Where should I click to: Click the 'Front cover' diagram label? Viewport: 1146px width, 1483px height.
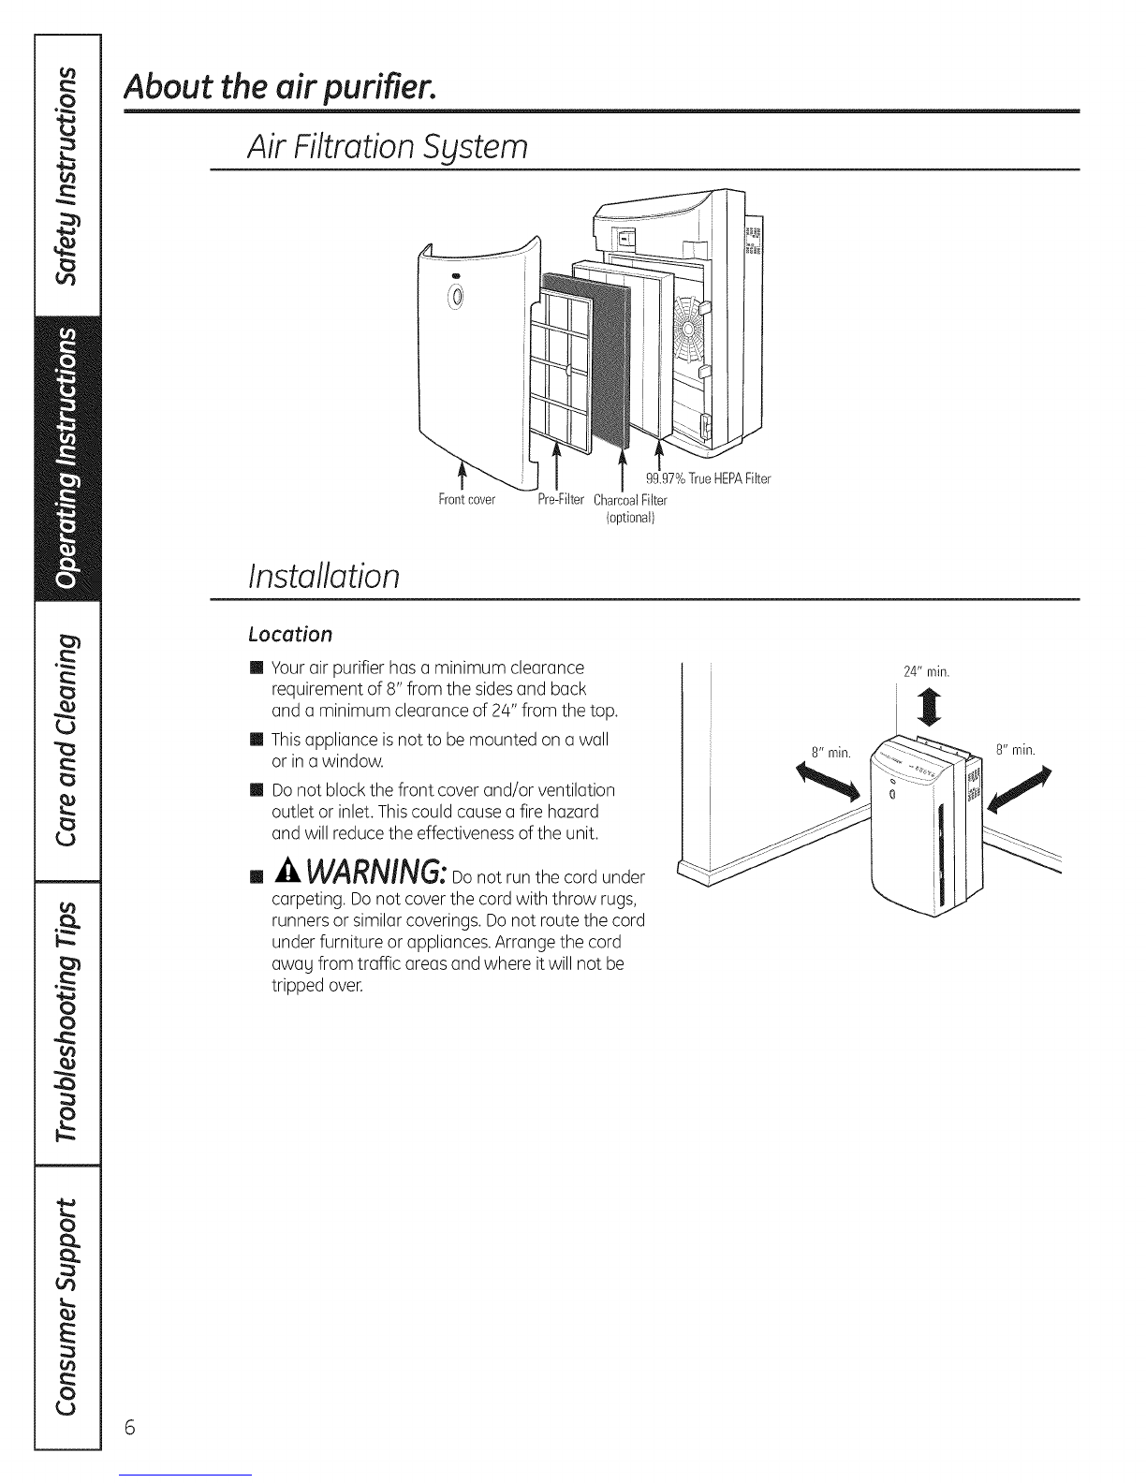tap(467, 500)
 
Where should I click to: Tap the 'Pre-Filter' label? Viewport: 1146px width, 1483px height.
tap(561, 500)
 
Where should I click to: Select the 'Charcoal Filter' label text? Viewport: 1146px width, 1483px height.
tap(630, 500)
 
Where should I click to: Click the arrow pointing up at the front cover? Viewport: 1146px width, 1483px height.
tap(463, 476)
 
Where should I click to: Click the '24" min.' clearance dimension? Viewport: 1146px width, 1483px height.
tap(926, 671)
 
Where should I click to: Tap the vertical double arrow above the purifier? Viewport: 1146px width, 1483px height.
tap(933, 708)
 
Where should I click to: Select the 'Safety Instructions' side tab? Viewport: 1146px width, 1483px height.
tap(67, 175)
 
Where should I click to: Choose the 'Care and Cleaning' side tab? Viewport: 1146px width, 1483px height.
tap(67, 741)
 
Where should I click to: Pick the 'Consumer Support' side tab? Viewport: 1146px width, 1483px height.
tap(67, 1307)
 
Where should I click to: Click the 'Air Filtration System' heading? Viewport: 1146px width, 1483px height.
tap(388, 147)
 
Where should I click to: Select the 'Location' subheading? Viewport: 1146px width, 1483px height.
tap(290, 635)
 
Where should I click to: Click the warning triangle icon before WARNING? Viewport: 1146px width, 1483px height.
tap(288, 871)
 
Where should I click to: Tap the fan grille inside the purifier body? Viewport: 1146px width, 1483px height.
tap(689, 330)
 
